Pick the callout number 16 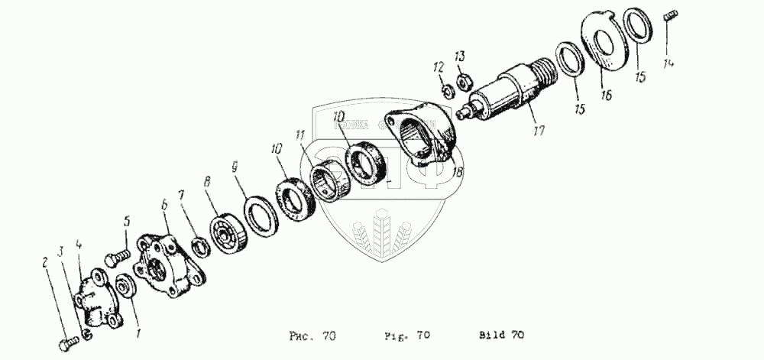point(606,96)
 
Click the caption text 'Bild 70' point(502,335)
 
